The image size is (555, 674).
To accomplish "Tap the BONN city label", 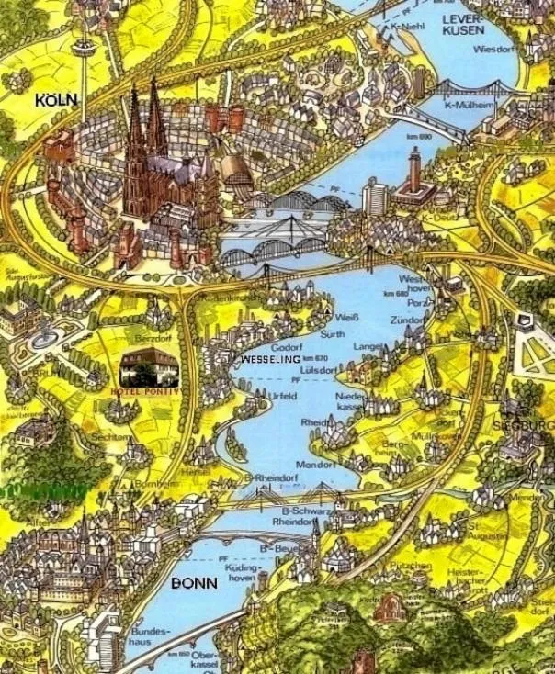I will pos(194,583).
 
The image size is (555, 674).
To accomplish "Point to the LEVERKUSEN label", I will pos(464,25).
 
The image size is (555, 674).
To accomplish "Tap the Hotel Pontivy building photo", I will pos(151,366).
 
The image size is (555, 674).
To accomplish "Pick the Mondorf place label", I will pos(314,465).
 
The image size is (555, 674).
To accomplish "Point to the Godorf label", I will pos(287,346).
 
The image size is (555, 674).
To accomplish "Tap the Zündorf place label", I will pos(409,320).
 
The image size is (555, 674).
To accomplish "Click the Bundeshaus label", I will pos(151,637).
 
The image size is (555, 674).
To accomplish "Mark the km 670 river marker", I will pos(315,357).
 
